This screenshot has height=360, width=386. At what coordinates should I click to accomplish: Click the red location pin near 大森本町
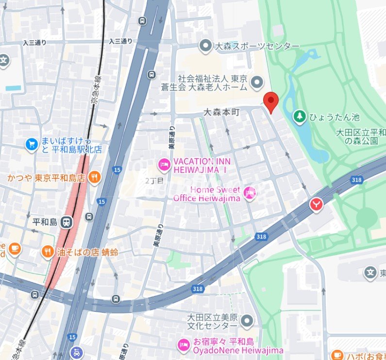pyautogui.click(x=270, y=101)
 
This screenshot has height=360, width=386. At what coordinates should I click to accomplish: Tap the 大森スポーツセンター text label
pyautogui.click(x=257, y=46)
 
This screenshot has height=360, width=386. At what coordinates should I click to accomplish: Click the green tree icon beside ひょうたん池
pyautogui.click(x=300, y=117)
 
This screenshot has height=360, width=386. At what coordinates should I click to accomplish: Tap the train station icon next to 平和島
pyautogui.click(x=67, y=223)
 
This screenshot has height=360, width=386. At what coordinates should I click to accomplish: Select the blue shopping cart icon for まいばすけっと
pyautogui.click(x=32, y=144)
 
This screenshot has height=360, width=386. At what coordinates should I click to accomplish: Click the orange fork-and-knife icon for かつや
pyautogui.click(x=95, y=177)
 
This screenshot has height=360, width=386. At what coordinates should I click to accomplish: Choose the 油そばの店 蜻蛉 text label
pyautogui.click(x=87, y=252)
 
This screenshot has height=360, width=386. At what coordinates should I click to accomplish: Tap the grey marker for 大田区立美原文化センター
pyautogui.click(x=248, y=321)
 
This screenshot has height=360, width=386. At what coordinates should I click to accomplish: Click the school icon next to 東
pyautogui.click(x=370, y=273)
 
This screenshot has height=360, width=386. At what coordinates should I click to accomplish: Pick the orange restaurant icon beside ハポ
pyautogui.click(x=336, y=356)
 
